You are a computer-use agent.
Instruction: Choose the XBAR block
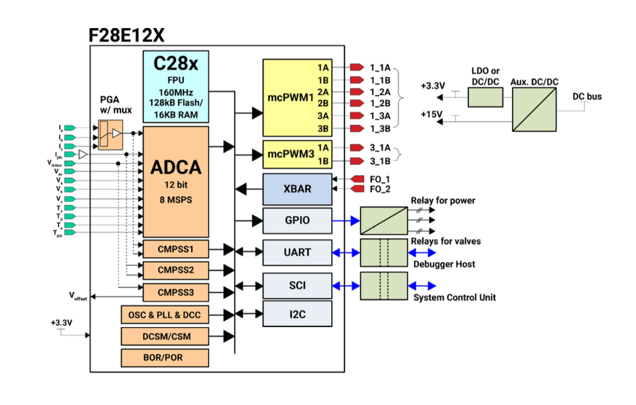[296, 189]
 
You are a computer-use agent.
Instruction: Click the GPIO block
[297, 220]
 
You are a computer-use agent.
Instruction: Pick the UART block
[297, 252]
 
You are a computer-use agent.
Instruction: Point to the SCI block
[297, 285]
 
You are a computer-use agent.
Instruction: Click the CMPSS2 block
[175, 270]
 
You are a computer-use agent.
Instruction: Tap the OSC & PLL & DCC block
[165, 314]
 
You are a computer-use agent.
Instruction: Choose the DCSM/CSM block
[165, 336]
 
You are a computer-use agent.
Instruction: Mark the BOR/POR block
[165, 358]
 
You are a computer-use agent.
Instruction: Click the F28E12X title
[126, 35]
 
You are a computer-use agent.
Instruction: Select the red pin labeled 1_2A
[357, 92]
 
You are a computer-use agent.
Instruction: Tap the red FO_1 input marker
[358, 179]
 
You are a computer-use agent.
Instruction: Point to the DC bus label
[587, 96]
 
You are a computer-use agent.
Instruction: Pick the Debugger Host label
[444, 264]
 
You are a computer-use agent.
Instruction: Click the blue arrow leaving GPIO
[346, 220]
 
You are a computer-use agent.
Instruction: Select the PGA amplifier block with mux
[110, 134]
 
